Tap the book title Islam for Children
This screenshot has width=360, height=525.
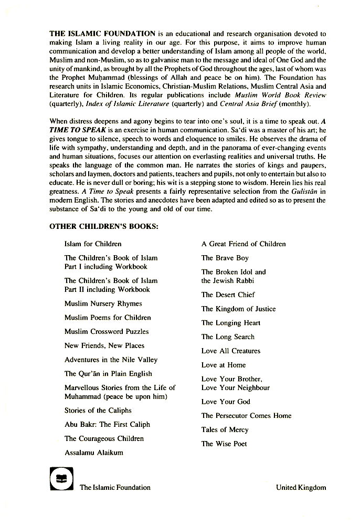pyautogui.click(x=93, y=244)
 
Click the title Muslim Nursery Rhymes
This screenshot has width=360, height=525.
pyautogui.click(x=103, y=304)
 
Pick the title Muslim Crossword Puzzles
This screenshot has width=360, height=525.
pyautogui.click(x=107, y=332)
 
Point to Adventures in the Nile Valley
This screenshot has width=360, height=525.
pyautogui.click(x=111, y=360)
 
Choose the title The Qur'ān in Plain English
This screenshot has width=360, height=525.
pyautogui.click(x=108, y=374)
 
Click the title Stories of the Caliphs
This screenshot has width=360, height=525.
pyautogui.click(x=98, y=411)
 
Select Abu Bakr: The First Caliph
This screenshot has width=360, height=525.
pyautogui.click(x=107, y=425)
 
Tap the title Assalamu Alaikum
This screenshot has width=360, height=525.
pyautogui.click(x=94, y=453)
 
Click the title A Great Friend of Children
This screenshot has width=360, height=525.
pyautogui.click(x=243, y=244)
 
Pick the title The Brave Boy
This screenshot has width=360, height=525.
pyautogui.click(x=225, y=258)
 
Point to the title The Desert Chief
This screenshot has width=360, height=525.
pyautogui.click(x=228, y=295)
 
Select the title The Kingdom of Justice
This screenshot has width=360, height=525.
pyautogui.click(x=238, y=309)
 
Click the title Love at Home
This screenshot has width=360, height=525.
pyautogui.click(x=224, y=365)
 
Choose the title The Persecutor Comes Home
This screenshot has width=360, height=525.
pyautogui.click(x=246, y=416)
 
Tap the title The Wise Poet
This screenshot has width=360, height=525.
pyautogui.click(x=224, y=444)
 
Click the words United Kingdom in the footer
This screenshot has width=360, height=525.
pyautogui.click(x=301, y=488)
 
